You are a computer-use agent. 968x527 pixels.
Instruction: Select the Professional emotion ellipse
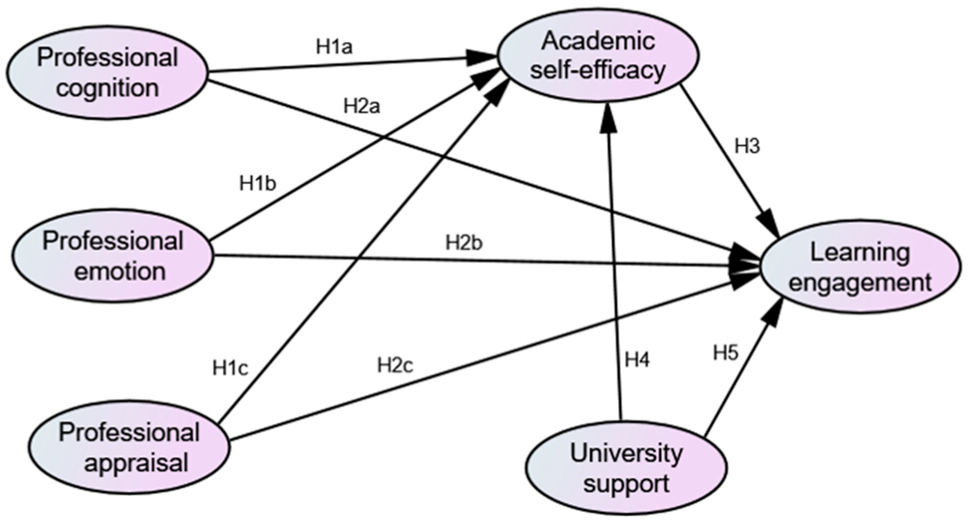tap(113, 256)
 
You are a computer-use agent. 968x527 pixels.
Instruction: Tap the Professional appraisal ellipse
tap(129, 448)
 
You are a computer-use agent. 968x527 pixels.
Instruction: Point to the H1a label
tap(335, 48)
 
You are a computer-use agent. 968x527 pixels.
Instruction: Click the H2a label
tap(362, 107)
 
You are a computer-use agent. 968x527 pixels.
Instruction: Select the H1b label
tap(258, 184)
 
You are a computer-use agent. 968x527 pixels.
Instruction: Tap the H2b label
tap(464, 244)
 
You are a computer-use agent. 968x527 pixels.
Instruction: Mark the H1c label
tap(230, 368)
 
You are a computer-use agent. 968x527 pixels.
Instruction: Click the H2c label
tap(395, 366)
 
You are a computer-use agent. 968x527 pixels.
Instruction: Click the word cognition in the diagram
tap(107, 88)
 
